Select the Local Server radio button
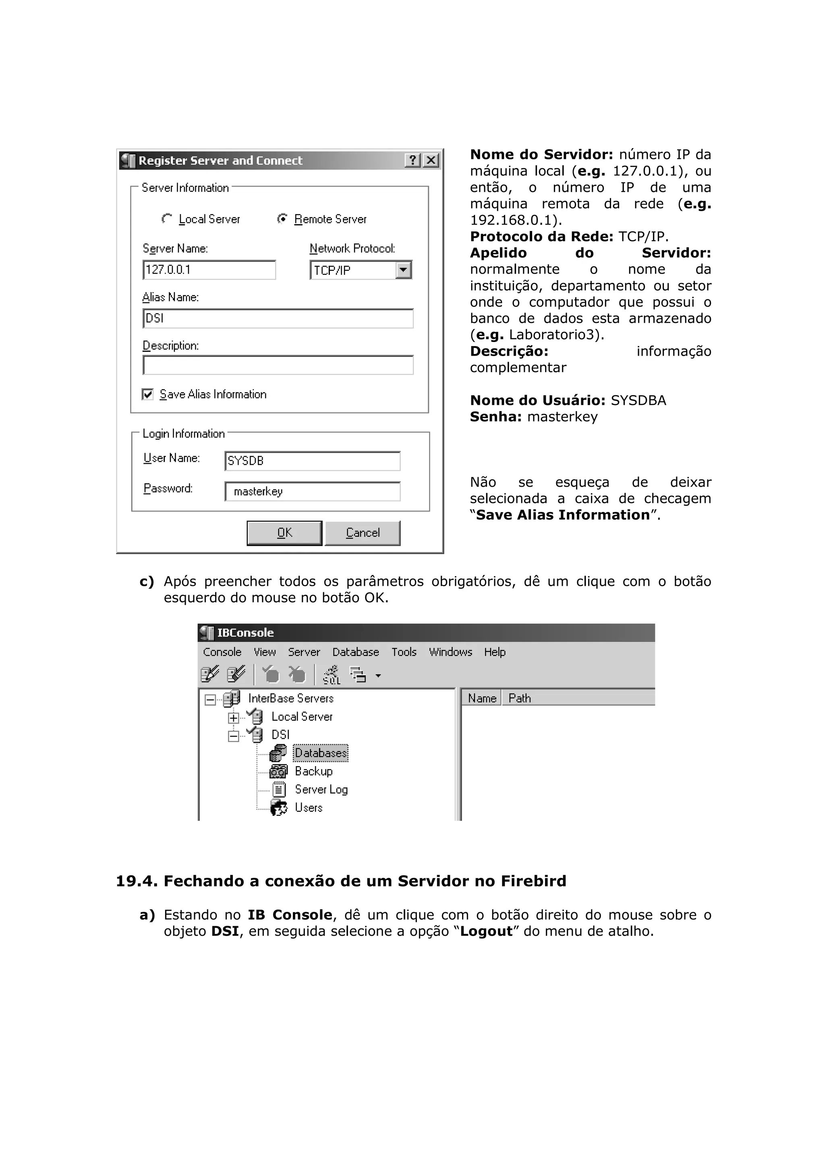point(167,218)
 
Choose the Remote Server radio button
point(282,218)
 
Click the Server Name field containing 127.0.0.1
point(209,270)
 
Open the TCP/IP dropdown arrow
point(403,270)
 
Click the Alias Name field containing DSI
point(278,318)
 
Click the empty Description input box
point(278,365)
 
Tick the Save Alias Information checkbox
point(148,394)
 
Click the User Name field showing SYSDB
point(312,461)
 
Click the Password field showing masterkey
point(312,492)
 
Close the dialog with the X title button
point(431,161)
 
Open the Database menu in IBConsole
point(355,652)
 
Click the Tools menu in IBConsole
point(404,652)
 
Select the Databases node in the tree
point(320,753)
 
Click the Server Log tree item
point(321,790)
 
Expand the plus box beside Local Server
point(233,717)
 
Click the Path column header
point(520,698)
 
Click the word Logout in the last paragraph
point(486,931)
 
